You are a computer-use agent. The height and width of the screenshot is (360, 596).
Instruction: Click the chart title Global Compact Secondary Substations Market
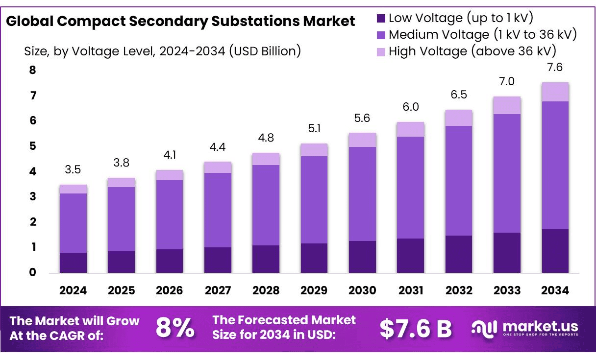180,22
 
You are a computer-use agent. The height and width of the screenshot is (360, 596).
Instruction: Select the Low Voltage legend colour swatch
381,19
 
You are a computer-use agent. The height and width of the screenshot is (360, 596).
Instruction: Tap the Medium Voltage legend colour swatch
381,35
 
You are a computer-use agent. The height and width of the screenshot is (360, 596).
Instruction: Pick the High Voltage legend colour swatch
381,51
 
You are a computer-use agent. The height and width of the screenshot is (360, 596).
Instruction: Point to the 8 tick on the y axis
32,70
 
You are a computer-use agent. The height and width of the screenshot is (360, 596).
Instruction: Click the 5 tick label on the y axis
32,146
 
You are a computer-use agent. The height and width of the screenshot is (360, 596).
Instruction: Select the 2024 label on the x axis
73,290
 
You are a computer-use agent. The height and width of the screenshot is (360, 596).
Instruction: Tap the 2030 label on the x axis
362,290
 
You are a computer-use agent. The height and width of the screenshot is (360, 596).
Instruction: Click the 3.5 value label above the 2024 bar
73,170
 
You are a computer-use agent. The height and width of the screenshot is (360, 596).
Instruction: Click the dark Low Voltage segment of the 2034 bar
555,251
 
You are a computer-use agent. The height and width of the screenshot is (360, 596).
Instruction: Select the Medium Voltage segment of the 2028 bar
266,205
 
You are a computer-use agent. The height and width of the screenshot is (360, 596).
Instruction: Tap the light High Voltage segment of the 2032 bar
459,118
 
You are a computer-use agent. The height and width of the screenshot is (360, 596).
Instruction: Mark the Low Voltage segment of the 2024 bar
73,263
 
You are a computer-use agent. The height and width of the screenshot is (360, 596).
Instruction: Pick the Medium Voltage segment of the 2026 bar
169,215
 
